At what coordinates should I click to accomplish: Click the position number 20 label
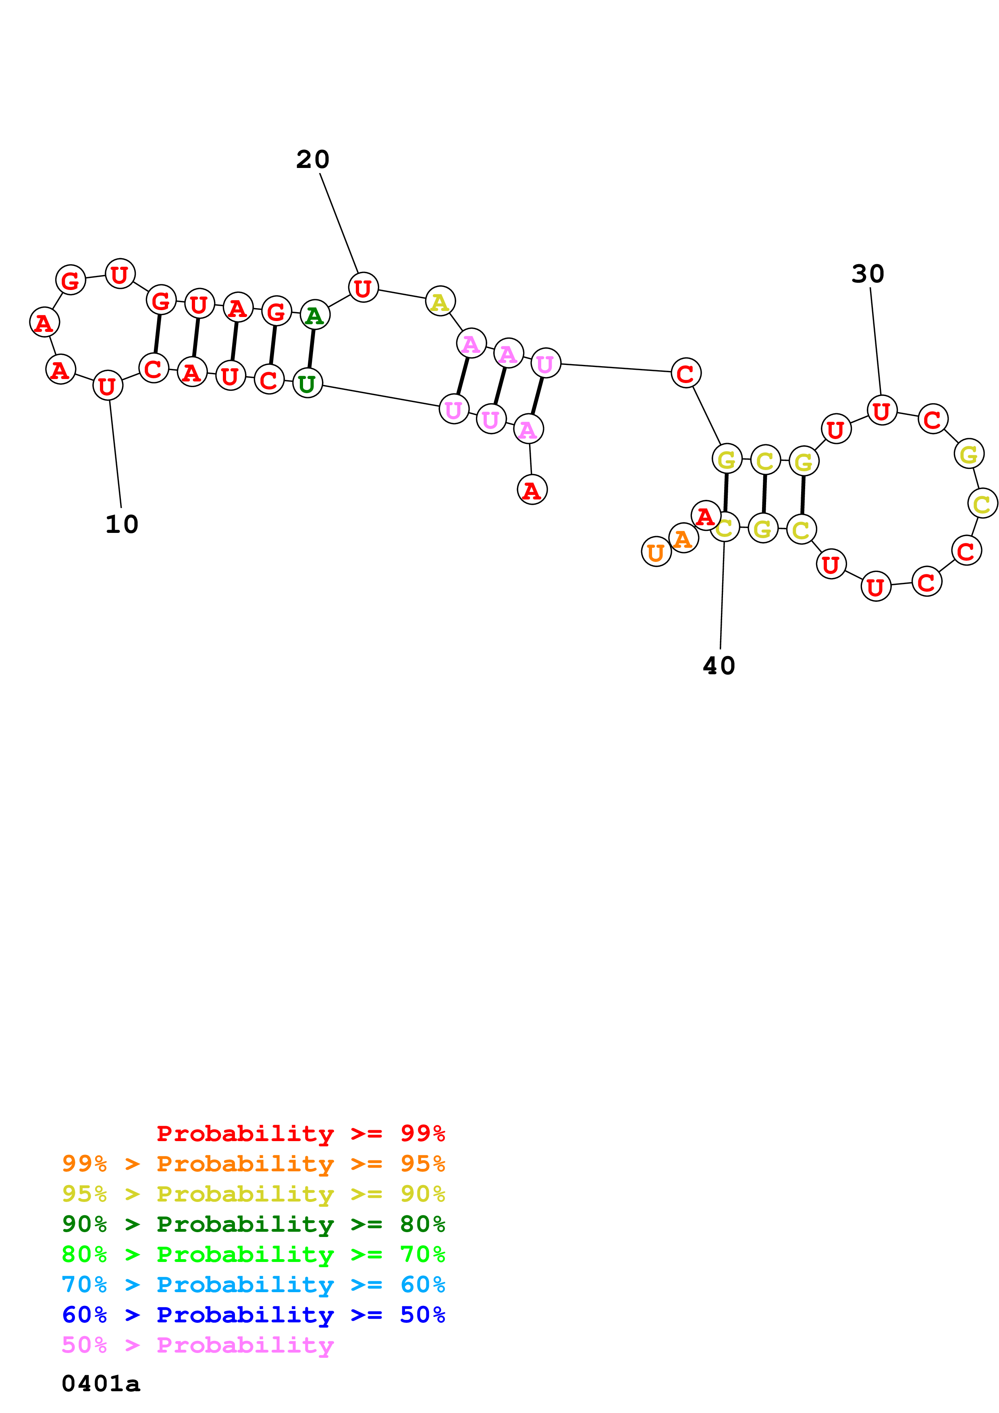tap(313, 160)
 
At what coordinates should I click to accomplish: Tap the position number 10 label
tap(122, 525)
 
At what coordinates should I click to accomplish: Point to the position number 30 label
tap(868, 274)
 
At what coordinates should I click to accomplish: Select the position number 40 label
tap(719, 666)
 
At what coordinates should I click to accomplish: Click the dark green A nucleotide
tap(315, 316)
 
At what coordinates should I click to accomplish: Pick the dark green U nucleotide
tap(307, 383)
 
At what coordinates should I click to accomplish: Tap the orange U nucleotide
tap(656, 552)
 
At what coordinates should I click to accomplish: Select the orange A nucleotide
tap(683, 539)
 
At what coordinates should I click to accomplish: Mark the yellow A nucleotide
tap(440, 302)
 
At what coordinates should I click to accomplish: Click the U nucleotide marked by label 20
tap(363, 288)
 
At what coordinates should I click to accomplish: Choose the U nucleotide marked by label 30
tap(881, 410)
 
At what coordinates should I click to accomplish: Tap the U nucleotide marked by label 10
tap(108, 386)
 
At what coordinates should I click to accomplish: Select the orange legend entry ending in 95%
tap(253, 1164)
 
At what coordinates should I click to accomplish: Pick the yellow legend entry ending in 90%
tap(253, 1194)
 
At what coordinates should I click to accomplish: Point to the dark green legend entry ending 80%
tap(253, 1224)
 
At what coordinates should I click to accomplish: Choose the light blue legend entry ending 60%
tap(253, 1285)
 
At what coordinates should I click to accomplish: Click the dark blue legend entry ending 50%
tap(253, 1315)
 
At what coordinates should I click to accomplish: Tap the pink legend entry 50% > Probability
tap(197, 1345)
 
